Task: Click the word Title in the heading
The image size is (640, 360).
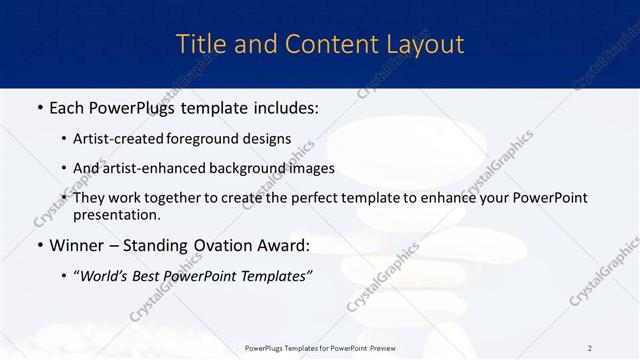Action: tap(197, 45)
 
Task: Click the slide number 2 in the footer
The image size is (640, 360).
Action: tap(589, 347)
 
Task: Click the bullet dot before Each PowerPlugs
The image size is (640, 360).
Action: tap(38, 107)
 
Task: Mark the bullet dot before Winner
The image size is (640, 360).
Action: tap(38, 246)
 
